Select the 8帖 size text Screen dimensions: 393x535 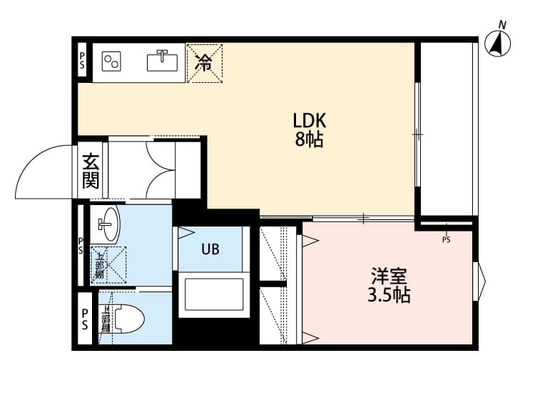pyautogui.click(x=310, y=139)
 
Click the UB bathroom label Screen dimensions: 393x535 pyautogui.click(x=210, y=249)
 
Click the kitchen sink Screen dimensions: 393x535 pyautogui.click(x=163, y=61)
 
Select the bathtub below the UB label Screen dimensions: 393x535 pyautogui.click(x=213, y=294)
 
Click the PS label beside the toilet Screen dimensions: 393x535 pyautogui.click(x=84, y=319)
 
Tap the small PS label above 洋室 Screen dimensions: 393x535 pyautogui.click(x=447, y=240)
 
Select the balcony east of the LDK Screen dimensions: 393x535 pyautogui.click(x=447, y=129)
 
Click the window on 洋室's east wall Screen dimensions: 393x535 pyautogui.click(x=479, y=281)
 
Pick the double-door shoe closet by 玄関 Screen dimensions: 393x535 pyautogui.click(x=155, y=170)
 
